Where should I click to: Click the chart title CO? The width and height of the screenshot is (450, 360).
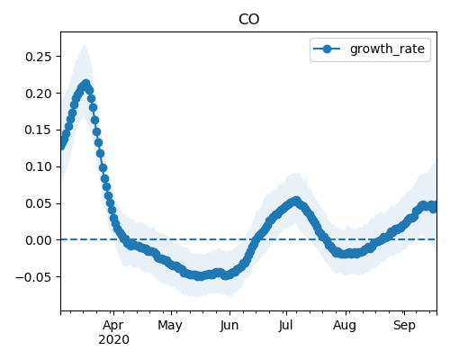248,20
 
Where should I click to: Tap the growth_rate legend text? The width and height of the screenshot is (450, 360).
387,49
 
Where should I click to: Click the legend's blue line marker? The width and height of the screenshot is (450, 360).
327,49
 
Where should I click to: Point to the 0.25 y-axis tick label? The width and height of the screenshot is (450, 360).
38,57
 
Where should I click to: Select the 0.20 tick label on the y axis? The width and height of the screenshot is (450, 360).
38,94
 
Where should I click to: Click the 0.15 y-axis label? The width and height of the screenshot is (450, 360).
38,130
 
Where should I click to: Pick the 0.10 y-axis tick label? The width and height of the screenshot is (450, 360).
38,166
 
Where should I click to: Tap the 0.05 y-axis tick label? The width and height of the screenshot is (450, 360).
38,203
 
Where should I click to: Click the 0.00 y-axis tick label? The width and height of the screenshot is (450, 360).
38,240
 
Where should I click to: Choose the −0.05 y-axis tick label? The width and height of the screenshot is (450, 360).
33,277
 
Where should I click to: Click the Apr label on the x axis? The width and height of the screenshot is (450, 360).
113,326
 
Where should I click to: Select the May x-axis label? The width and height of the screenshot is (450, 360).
170,326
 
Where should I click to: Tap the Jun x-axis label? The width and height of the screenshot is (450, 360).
229,326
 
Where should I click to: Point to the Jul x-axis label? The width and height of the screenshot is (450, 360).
285,326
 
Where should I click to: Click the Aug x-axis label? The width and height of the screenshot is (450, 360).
345,326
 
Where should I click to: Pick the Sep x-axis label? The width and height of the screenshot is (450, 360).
404,326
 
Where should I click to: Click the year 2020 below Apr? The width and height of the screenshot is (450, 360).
113,340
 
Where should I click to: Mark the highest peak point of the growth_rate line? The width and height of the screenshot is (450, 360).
86,84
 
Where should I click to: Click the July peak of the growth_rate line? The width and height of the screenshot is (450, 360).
296,200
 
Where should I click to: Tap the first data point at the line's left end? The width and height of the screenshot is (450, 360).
61,146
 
